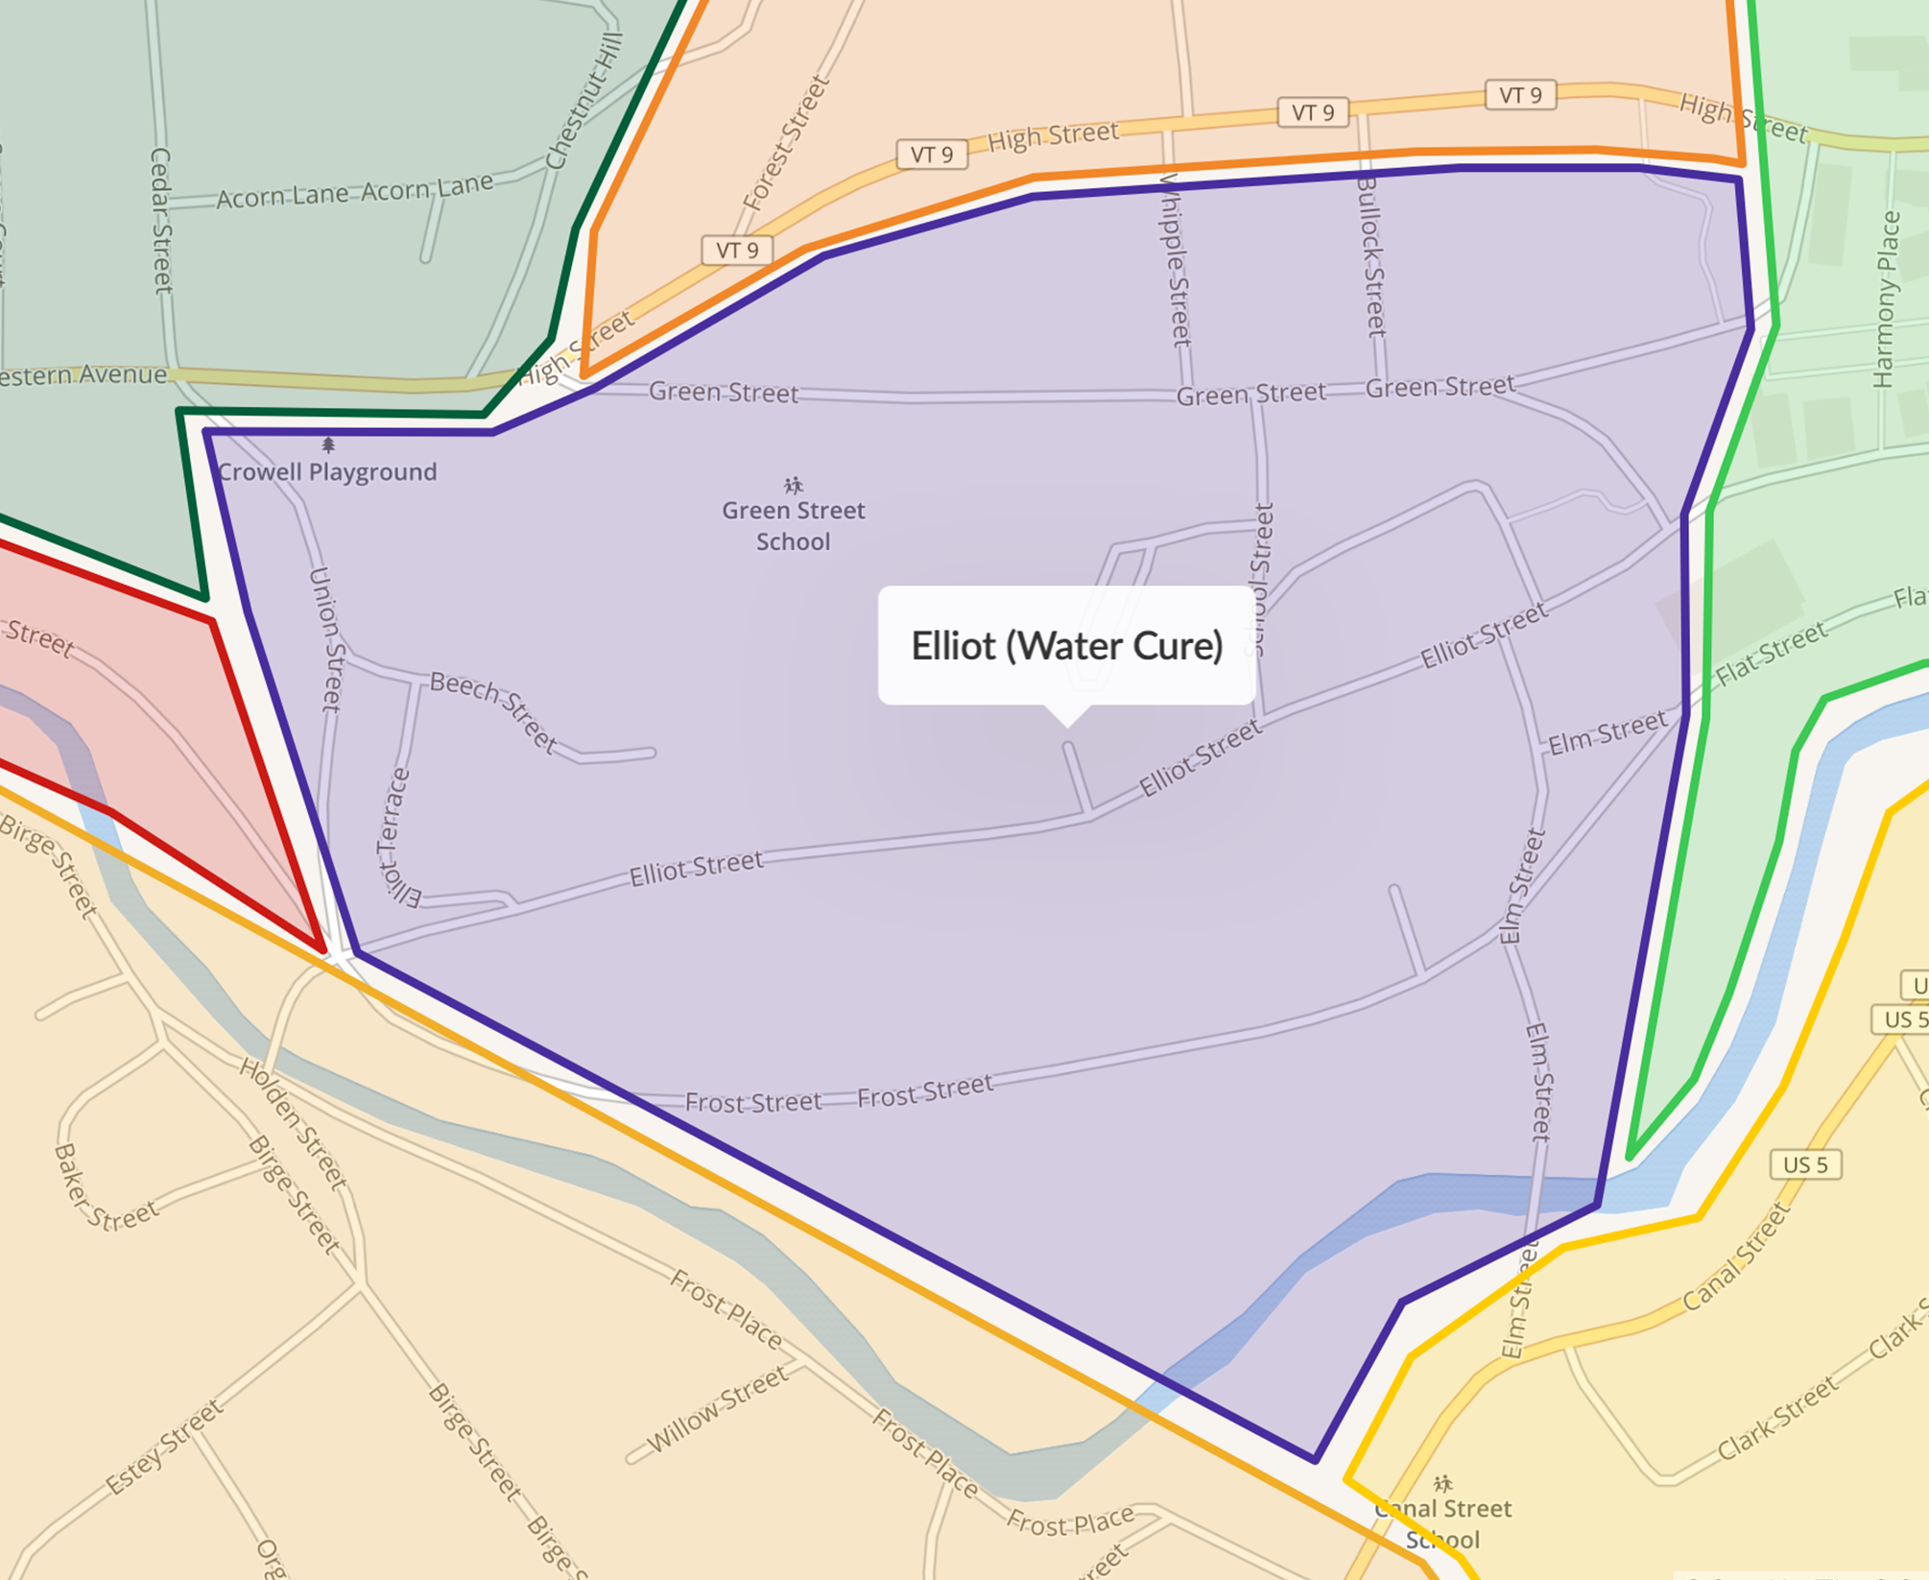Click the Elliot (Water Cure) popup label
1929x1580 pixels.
pos(1066,646)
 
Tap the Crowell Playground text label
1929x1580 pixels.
pos(327,472)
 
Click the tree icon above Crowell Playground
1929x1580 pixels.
pos(328,445)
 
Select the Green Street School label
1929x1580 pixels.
pos(794,526)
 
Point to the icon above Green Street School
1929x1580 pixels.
pos(793,485)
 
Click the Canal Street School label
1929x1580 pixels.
pos(1442,1524)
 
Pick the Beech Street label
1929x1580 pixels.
pos(493,710)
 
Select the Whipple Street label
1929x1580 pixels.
pos(1175,259)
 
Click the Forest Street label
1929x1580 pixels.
pos(785,144)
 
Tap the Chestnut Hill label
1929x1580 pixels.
pos(583,102)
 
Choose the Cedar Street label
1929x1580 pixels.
pos(161,220)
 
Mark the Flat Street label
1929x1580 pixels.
pos(1772,655)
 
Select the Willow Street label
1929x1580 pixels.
pos(718,1409)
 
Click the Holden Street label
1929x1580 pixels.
pos(293,1123)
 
